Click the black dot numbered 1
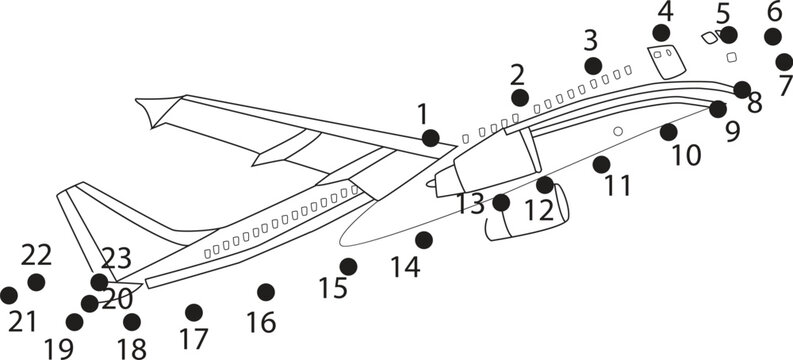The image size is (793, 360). (x=430, y=138)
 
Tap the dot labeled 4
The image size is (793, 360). (x=661, y=33)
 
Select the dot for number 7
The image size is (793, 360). (x=784, y=62)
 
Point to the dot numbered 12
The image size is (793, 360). (x=544, y=185)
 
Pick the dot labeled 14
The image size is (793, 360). (x=424, y=240)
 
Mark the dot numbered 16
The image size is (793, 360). (x=265, y=292)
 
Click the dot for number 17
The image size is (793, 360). (x=194, y=312)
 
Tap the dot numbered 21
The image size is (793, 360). (x=9, y=295)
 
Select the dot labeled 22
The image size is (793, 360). (x=36, y=282)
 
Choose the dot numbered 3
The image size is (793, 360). (x=593, y=66)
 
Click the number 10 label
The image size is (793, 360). (x=686, y=155)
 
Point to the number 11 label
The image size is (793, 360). (x=618, y=185)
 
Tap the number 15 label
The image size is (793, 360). (x=333, y=289)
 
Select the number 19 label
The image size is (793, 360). (x=59, y=347)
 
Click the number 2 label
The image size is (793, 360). (x=517, y=74)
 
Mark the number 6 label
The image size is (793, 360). (x=774, y=12)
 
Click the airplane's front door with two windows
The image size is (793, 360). (x=664, y=61)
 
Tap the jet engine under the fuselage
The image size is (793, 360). (x=525, y=215)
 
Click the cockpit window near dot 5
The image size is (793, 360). (x=709, y=38)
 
